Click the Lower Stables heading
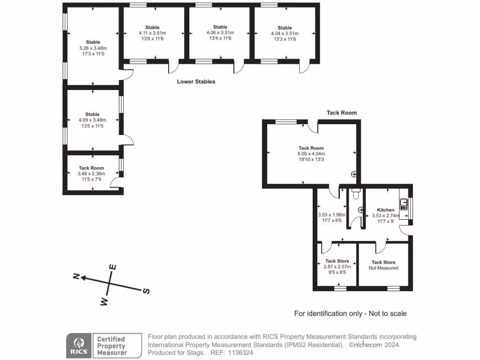196,82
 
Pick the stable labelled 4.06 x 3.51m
220,33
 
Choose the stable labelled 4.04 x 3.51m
285,33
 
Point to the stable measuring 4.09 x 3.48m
92,120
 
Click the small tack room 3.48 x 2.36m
91,173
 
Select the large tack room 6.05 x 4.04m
311,154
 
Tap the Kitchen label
386,210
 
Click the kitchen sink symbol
404,205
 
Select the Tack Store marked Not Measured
383,265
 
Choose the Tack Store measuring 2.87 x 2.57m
337,266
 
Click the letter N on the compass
75,276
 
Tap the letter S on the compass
146,291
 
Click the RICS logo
78,345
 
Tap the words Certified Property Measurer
111,345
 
